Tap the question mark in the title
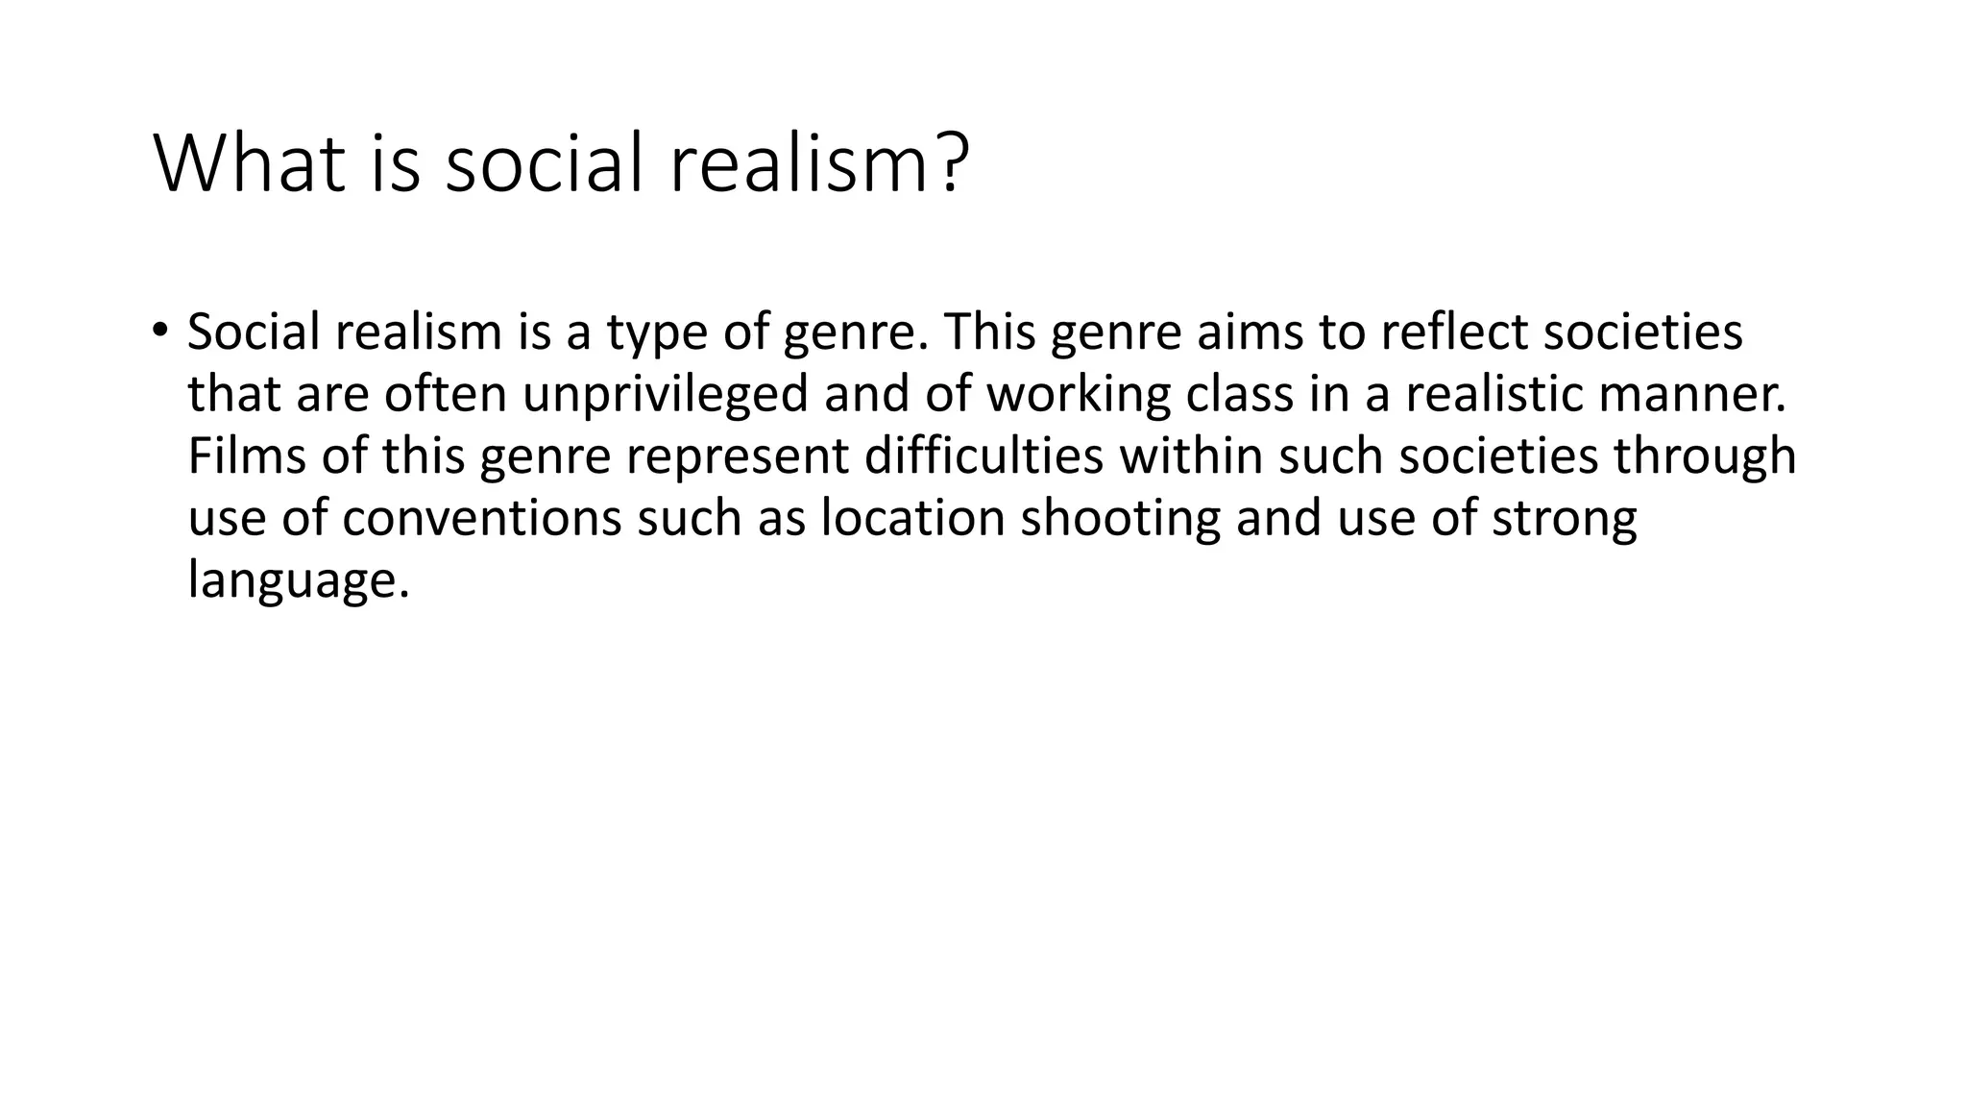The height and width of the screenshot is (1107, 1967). (950, 163)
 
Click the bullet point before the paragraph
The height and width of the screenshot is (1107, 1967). (160, 330)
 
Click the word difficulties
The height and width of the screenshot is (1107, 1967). (983, 455)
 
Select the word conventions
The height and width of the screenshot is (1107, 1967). (481, 518)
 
